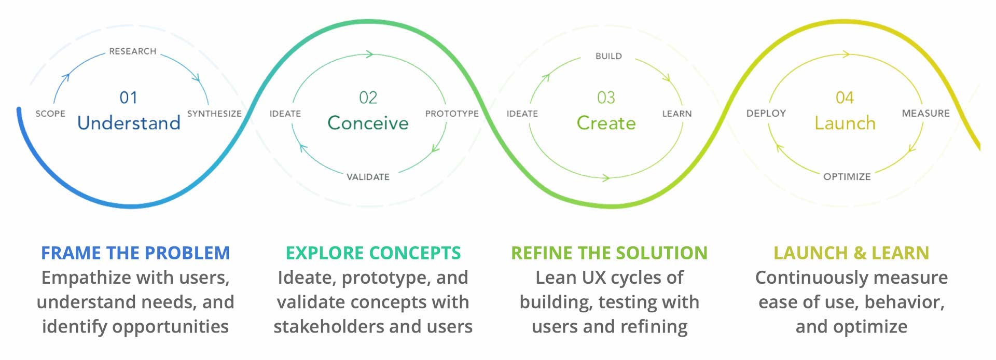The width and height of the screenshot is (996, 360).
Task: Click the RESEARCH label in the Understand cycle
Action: [132, 51]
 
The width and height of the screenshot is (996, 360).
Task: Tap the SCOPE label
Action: [50, 114]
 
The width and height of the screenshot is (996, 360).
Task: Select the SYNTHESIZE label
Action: [214, 114]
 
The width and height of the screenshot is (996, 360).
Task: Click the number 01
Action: [129, 98]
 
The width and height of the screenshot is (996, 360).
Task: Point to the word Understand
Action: [129, 123]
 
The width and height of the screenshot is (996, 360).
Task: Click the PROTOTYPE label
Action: [452, 114]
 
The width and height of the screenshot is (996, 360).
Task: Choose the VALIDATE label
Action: [368, 177]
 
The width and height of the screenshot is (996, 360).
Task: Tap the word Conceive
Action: [368, 123]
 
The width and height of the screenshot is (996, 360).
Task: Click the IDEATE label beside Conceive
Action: [285, 114]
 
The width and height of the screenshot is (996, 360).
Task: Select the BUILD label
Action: [608, 56]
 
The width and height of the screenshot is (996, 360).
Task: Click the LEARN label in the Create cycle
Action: [676, 114]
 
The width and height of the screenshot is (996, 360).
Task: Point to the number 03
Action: [606, 98]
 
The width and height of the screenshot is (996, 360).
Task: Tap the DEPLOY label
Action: [766, 113]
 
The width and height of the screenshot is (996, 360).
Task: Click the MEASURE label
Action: [925, 113]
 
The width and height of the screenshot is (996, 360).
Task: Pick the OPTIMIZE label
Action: [847, 177]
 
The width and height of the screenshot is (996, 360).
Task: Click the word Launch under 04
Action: [845, 123]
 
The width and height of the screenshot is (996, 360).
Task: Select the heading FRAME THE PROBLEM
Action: [135, 253]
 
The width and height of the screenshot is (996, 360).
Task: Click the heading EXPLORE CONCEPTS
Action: [373, 253]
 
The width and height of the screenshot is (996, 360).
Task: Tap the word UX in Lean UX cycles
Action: [594, 278]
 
